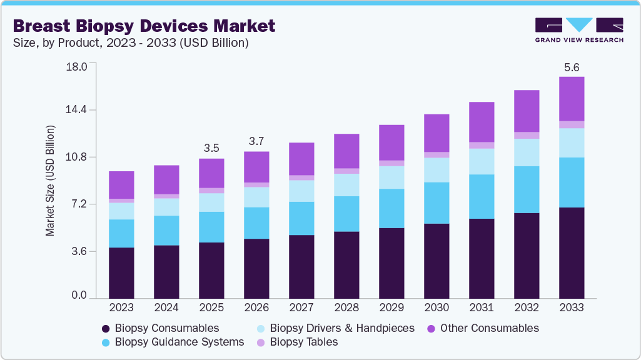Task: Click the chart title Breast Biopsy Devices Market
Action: (144, 26)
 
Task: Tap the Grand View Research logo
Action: (579, 30)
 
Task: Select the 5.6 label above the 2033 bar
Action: (572, 67)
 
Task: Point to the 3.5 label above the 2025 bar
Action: (211, 149)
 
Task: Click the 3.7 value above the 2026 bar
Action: (256, 142)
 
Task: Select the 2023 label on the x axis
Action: (121, 308)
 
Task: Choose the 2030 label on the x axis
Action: (437, 308)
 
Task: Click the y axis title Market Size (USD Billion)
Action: (50, 181)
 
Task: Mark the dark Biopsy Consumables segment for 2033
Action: (572, 252)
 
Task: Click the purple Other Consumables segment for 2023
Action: (121, 185)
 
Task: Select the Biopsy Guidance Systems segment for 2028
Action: (346, 214)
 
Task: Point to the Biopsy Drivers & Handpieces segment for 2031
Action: (482, 161)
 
